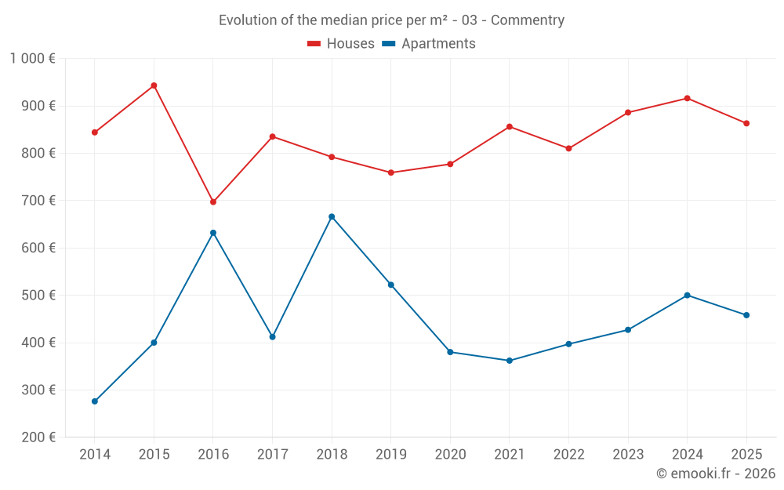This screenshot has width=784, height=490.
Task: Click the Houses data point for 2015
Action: (x=154, y=85)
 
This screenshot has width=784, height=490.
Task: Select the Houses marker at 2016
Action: (x=213, y=201)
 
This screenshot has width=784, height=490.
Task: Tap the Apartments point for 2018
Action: (x=332, y=216)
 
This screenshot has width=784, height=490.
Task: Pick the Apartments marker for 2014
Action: (x=95, y=401)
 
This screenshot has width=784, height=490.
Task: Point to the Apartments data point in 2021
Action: (x=510, y=361)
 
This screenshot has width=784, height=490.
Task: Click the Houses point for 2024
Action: (x=688, y=98)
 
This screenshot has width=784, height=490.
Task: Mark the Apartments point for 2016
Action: (x=213, y=233)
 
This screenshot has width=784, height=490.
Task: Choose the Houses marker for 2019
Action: (x=391, y=172)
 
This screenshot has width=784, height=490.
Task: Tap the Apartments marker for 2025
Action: (x=746, y=315)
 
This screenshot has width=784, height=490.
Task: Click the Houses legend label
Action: (x=350, y=44)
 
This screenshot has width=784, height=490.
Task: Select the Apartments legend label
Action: (x=438, y=44)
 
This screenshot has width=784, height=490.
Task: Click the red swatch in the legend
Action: (x=314, y=44)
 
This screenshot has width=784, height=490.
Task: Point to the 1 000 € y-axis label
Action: (x=32, y=59)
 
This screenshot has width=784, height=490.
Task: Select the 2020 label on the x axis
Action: (x=450, y=455)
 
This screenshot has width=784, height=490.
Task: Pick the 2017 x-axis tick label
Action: (x=272, y=455)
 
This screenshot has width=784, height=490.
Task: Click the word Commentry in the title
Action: (x=527, y=20)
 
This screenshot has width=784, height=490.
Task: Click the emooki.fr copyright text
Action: (x=716, y=474)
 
